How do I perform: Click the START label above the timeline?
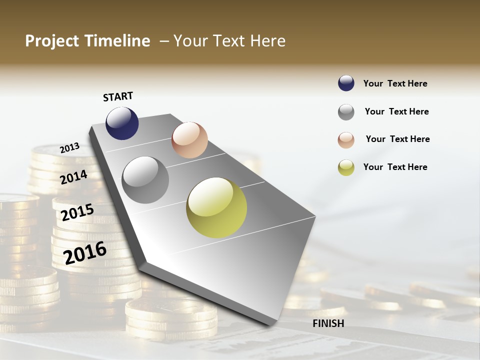tap(118, 96)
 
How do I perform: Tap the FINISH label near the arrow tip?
tap(328, 323)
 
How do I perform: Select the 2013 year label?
tap(70, 148)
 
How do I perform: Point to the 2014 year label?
tap(74, 177)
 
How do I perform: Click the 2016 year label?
tap(85, 252)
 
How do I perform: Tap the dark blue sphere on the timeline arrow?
tap(122, 123)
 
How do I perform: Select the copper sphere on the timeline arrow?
tap(189, 140)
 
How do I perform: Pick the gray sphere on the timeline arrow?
tap(145, 180)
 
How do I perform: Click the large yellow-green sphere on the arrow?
tap(216, 207)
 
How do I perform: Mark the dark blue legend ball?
tap(346, 83)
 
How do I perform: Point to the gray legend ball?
tap(346, 112)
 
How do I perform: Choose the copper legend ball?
tap(346, 140)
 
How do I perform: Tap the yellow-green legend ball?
tap(346, 167)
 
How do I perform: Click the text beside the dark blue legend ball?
tap(395, 83)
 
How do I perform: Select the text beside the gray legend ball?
tap(396, 111)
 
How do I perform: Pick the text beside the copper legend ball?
tap(397, 139)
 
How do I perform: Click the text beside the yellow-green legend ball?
tap(395, 167)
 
